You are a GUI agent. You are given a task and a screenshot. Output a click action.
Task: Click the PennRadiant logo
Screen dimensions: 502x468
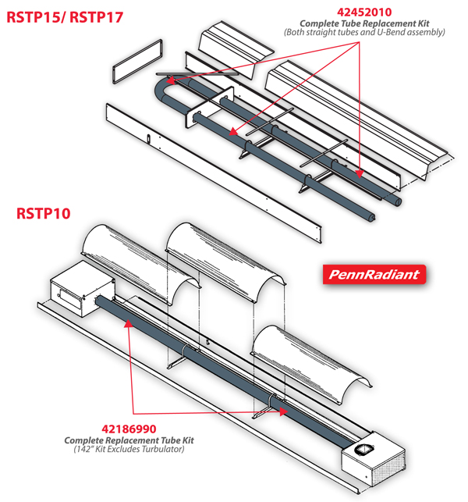click(x=373, y=274)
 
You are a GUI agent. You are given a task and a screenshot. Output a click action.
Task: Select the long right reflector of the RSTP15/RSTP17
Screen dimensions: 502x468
click(x=355, y=117)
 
